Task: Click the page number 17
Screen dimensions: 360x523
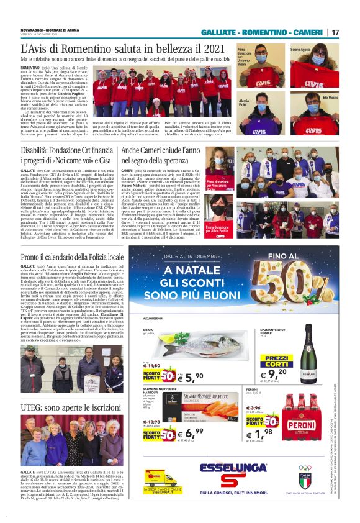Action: tap(335, 32)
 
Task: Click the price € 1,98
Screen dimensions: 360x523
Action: tap(273, 430)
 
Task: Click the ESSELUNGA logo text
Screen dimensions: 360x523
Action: tap(233, 467)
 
